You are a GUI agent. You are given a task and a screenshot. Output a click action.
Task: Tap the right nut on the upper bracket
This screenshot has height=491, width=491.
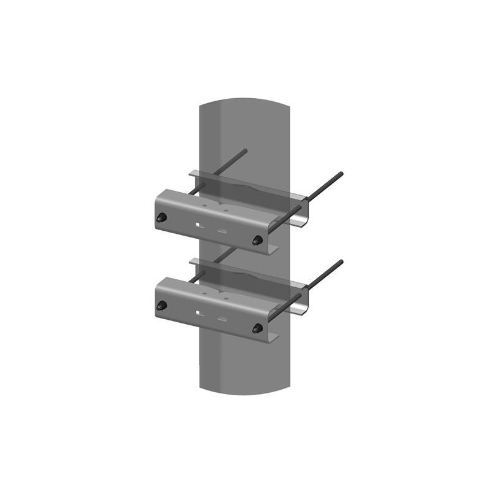258,239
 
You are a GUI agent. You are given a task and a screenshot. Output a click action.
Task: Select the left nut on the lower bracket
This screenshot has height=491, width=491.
163,306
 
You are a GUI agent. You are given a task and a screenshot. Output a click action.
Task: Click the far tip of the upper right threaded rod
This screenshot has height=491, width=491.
341,174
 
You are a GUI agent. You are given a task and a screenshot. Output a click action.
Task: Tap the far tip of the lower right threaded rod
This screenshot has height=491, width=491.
341,262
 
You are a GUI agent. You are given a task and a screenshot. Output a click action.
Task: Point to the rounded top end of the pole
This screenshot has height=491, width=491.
245,99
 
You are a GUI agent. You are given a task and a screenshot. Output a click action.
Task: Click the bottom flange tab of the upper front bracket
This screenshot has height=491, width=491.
270,249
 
